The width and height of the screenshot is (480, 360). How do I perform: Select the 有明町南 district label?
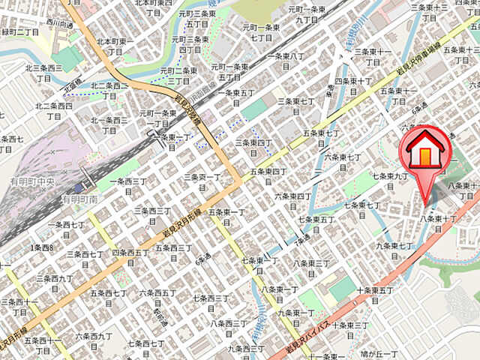click(80, 199)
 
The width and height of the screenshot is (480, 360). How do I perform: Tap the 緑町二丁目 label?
click(20, 32)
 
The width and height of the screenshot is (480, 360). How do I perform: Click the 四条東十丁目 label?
click(353, 85)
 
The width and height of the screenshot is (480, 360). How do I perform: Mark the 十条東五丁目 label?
click(375, 295)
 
